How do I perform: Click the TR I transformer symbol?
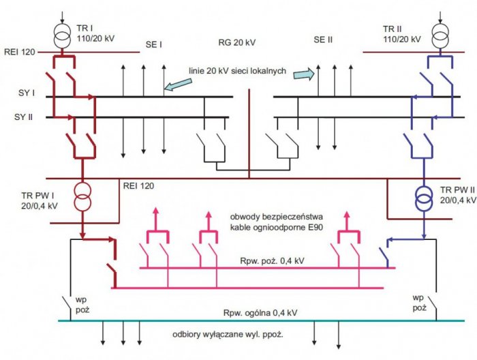coord(63,35)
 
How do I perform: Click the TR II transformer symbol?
coord(440,35)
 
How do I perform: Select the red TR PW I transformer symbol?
coord(82,197)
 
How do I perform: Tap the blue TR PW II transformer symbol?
coord(424,198)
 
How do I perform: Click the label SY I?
coord(27,93)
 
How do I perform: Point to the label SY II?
coord(23,117)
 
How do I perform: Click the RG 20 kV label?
coord(237,42)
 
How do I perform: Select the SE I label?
coord(153,45)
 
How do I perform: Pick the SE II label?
coord(323,40)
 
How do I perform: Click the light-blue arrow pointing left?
coord(179,85)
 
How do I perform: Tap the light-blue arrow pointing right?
coord(305,74)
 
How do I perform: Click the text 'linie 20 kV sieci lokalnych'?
coord(237,71)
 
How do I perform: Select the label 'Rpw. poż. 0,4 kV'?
coord(272,260)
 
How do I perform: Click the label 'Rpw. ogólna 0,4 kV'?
coord(260,313)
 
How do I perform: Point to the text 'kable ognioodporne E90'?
coord(276,227)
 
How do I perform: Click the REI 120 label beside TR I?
coord(20,52)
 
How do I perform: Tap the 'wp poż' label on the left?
coord(82,305)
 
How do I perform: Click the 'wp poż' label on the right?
coord(420,303)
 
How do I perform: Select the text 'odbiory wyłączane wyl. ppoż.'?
coord(228,335)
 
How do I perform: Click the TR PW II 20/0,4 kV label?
coord(458,195)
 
